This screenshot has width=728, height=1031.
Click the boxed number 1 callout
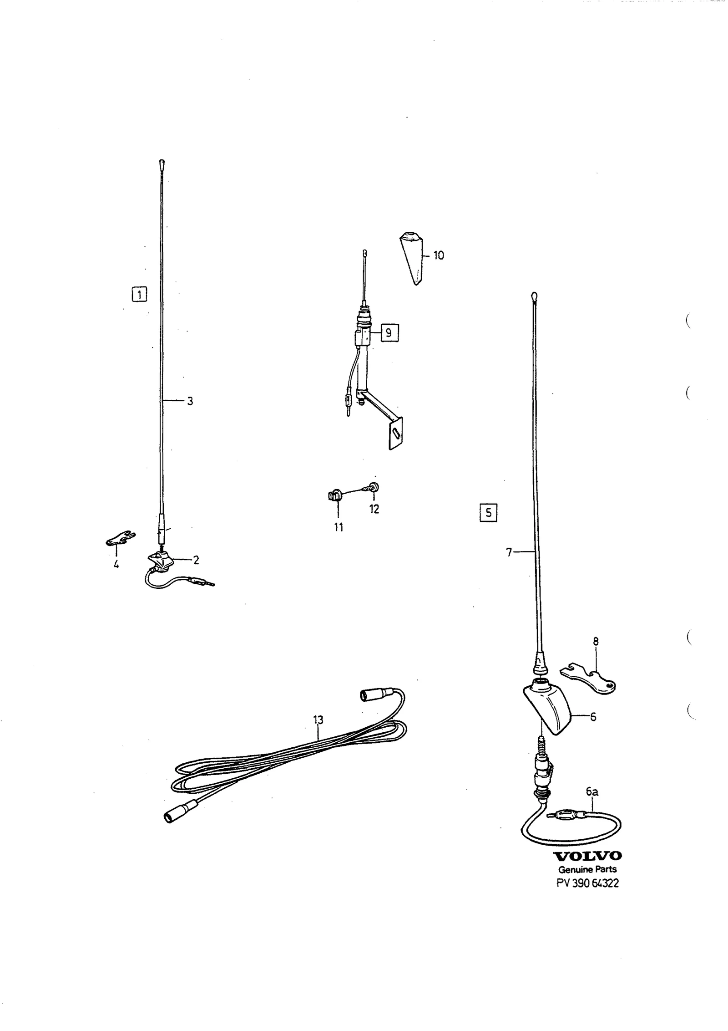point(139,294)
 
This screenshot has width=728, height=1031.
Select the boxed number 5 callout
point(488,513)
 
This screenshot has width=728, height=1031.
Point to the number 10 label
point(438,255)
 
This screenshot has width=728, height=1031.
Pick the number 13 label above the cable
point(318,720)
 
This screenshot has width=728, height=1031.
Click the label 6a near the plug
point(592,792)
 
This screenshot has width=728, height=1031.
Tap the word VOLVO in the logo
point(587,856)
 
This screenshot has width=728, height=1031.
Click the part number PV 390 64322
point(587,883)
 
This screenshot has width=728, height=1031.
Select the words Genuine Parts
point(587,869)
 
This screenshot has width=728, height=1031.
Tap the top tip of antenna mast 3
point(162,162)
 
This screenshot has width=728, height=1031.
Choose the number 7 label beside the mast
point(509,552)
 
